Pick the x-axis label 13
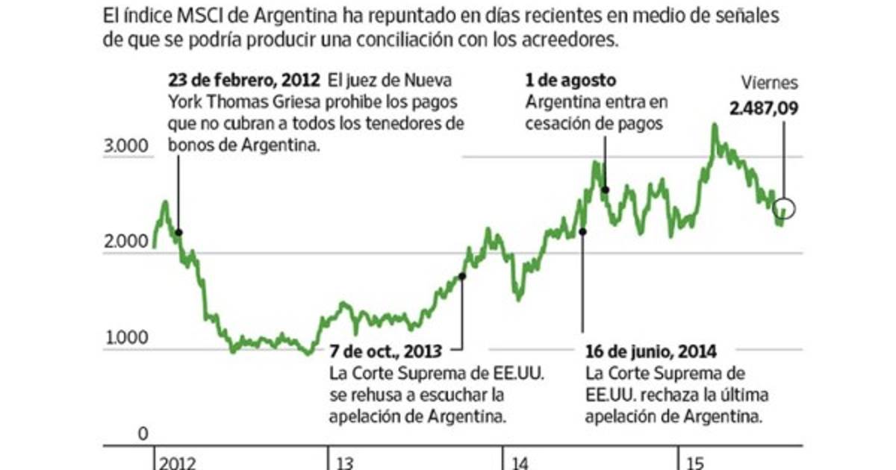tap(345, 463)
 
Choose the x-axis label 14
tap(520, 463)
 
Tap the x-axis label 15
tap(694, 463)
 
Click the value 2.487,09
tap(764, 108)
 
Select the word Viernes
tap(769, 84)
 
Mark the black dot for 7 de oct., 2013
tap(462, 276)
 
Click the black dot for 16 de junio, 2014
tap(582, 231)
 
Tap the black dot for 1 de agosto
tap(605, 189)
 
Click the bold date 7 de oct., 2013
tap(385, 351)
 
